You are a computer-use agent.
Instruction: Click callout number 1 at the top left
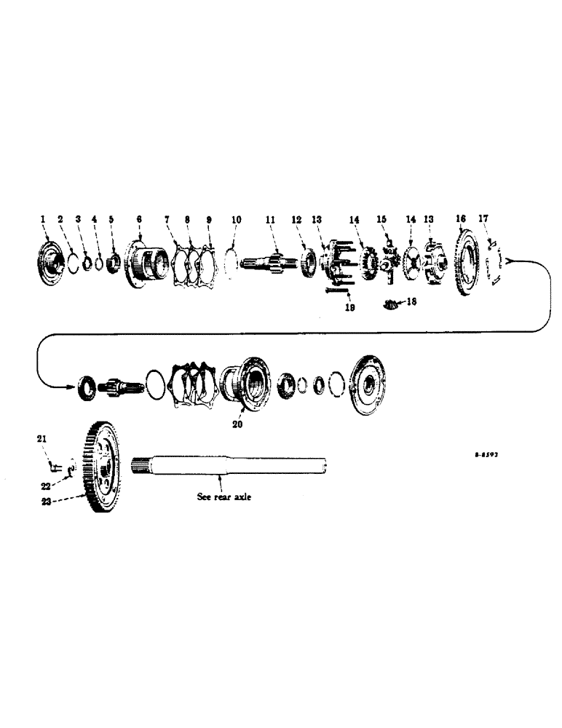[x=43, y=218]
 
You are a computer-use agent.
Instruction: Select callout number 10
[x=235, y=218]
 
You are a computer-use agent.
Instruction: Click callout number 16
[x=460, y=218]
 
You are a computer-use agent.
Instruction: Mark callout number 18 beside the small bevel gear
[x=412, y=301]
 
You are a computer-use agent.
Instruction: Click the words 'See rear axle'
[x=222, y=498]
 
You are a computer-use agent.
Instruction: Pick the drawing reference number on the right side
[x=485, y=452]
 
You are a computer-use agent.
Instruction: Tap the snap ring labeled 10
[x=232, y=260]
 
